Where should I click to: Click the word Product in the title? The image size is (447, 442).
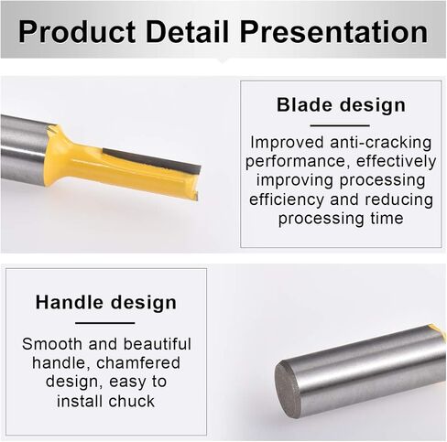(77, 32)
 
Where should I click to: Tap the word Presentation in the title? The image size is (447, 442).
(333, 32)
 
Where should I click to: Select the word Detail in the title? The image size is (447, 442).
(188, 31)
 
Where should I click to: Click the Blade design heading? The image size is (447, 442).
(341, 105)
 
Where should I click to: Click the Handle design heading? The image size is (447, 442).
(106, 302)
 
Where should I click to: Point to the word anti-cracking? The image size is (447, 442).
(381, 143)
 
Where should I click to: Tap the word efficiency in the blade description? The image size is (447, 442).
(287, 199)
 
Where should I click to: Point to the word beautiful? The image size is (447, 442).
(158, 344)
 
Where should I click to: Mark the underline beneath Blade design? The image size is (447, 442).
(340, 125)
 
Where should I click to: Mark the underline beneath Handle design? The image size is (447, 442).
(105, 323)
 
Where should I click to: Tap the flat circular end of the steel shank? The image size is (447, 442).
(289, 389)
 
